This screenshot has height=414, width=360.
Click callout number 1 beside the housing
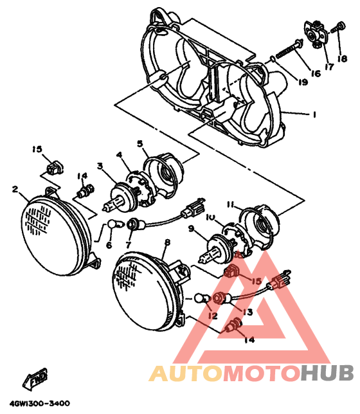click(x=314, y=114)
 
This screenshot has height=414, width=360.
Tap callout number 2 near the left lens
click(x=15, y=189)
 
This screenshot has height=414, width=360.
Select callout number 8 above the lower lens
click(x=167, y=242)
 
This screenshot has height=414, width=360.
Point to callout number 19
click(x=303, y=82)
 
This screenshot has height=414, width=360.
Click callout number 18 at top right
click(x=342, y=59)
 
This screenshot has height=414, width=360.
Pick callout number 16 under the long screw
click(x=316, y=73)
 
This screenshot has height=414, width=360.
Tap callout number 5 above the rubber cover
click(x=140, y=144)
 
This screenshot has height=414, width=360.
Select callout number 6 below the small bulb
click(x=109, y=245)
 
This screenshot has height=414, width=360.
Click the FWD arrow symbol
click(x=35, y=379)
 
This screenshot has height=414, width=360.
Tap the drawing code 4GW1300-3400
click(x=40, y=404)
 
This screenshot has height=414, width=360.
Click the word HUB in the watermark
click(x=327, y=373)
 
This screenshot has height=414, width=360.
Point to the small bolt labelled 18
click(x=338, y=28)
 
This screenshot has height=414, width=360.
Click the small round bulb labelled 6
click(x=114, y=225)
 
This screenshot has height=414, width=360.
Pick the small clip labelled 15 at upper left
click(x=55, y=168)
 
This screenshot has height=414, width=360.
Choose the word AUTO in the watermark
click(x=186, y=373)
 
